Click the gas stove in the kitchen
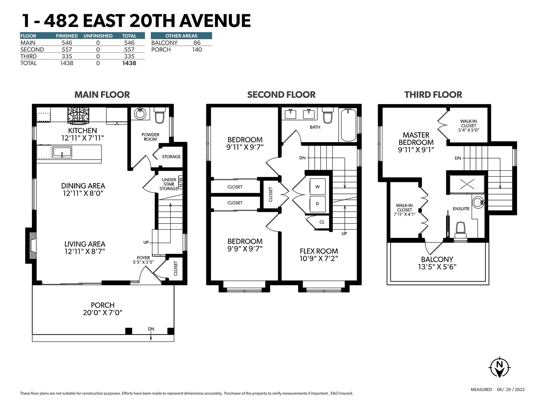pos(78,116)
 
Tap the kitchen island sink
pos(62,152)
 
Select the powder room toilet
pos(159,115)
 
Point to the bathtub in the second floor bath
pos(348,125)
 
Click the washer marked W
pos(318,187)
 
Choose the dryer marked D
pos(318,204)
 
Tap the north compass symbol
pos(500,368)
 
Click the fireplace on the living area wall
pos(31,245)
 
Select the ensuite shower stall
pos(467,184)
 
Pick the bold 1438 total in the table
pos(129,63)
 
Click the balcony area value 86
pos(197,43)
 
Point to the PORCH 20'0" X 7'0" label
pos(103,309)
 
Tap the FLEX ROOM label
pos(319,251)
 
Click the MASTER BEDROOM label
pos(416,139)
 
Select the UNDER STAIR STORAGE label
pos(169,184)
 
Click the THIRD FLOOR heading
pos(433,95)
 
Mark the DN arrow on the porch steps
pos(151,336)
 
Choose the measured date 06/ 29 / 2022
pos(511,389)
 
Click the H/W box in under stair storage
pos(181,183)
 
